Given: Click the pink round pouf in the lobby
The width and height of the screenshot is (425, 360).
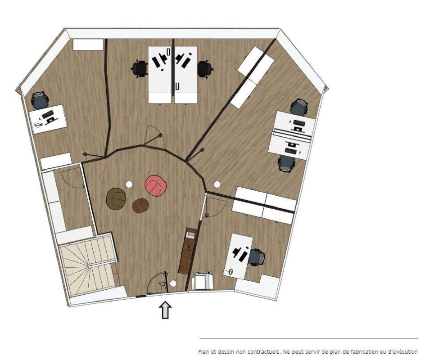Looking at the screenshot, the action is coord(156,185).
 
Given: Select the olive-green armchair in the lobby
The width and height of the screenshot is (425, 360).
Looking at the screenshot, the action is coord(116,198).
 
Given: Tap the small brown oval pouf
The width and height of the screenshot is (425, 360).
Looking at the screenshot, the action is coord(140,206).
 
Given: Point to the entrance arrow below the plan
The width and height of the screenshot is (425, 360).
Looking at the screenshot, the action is coord(165,310).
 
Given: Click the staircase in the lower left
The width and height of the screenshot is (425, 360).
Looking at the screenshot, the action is coord(89,267).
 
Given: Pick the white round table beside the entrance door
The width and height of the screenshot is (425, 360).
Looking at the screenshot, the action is coord(173,283).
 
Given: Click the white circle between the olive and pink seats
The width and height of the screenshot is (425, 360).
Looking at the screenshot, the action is coord(129,184).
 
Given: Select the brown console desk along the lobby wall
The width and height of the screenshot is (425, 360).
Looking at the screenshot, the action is coord(188,251).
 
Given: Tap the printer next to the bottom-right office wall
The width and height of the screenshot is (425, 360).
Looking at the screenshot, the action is coord(203,281).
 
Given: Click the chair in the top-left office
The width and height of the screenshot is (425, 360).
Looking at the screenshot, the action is coord(40,100).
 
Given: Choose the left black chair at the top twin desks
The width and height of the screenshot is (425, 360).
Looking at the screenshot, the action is coord(139,69).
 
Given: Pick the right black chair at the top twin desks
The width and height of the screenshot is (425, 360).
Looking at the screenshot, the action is coord(205,69).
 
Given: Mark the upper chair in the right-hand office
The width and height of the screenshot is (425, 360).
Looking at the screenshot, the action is coord(299,106).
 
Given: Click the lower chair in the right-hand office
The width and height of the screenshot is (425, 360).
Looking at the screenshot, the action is coord(286,163).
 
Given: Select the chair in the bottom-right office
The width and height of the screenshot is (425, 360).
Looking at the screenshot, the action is coord(257,257).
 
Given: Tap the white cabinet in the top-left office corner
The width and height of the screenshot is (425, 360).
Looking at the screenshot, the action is coord(88,45).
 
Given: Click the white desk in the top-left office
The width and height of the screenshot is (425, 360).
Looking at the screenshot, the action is coord(48,119).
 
